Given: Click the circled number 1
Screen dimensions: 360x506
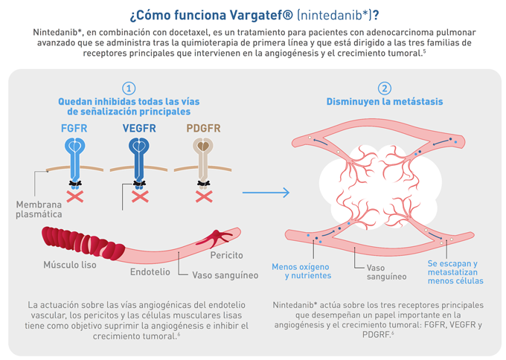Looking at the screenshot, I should pos(129,89).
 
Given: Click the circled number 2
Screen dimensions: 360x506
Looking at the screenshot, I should pos(384,89).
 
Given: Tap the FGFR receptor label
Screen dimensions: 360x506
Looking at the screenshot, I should pos(74,128).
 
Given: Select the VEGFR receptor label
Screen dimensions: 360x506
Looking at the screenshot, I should pos(139,128).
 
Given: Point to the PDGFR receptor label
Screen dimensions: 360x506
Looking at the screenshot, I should pos(203,128).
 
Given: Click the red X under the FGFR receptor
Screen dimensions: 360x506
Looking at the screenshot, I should pos(74,196).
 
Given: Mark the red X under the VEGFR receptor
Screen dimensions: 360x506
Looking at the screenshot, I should pos(139,196).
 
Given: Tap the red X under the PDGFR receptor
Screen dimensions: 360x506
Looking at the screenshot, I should pos(203,196).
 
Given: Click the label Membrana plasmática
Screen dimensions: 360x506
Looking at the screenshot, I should pos(39,209).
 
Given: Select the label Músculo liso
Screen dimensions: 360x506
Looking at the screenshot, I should pos(69,264).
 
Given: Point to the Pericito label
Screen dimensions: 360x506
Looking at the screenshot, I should pos(227,255).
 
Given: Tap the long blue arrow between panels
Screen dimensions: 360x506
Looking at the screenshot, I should pos(266,193).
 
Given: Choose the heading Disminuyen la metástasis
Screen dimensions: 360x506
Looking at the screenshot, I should pos(384,102).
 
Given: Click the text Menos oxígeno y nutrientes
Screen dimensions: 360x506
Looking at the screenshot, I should pos(301,270).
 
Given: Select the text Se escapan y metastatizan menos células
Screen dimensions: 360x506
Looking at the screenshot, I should pos(455,271).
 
